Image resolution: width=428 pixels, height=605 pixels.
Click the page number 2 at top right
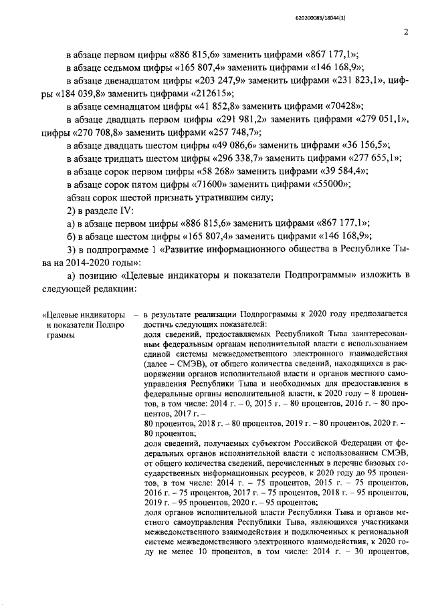click(x=406, y=31)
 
